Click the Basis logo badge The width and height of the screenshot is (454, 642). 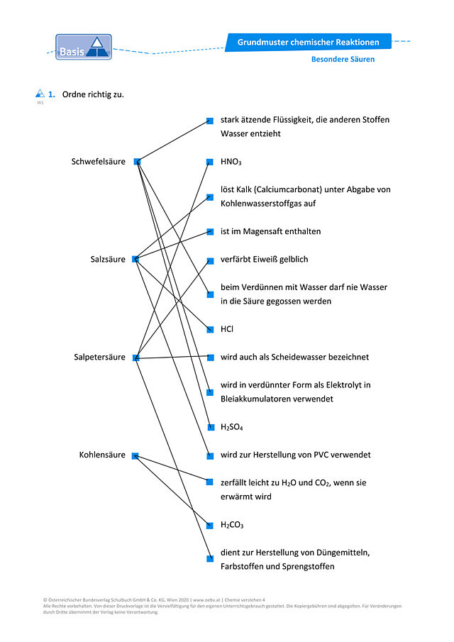(84, 47)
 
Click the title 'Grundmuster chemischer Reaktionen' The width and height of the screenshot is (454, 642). (309, 42)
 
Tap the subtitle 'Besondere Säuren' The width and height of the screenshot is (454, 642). (343, 60)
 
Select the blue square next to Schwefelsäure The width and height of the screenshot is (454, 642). (137, 162)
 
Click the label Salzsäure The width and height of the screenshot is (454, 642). (108, 259)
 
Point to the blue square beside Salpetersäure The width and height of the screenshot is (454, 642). (136, 358)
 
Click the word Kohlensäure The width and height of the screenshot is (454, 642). (102, 455)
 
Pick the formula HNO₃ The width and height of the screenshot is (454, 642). (231, 162)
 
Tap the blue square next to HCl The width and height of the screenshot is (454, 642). (210, 329)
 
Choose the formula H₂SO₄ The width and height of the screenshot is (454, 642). (232, 427)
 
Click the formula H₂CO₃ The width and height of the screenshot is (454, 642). (232, 525)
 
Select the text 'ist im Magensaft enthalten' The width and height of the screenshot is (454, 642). (270, 231)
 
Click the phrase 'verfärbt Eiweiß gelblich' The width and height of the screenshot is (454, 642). (264, 259)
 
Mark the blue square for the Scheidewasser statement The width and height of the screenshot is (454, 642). (211, 358)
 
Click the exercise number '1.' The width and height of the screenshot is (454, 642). (52, 94)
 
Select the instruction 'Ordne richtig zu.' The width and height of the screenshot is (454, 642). (93, 94)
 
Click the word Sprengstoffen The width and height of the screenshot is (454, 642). (309, 567)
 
